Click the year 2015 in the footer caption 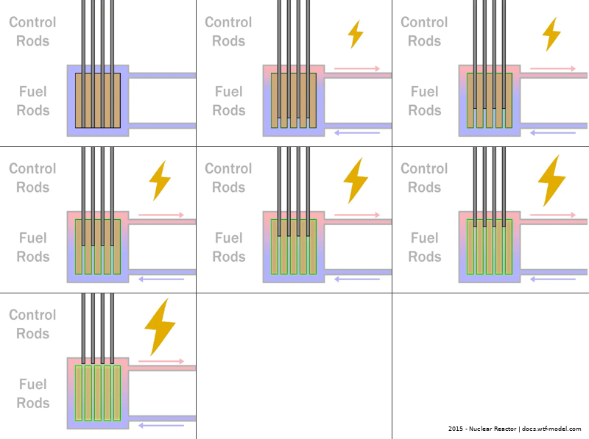[x=455, y=429]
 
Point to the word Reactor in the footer [x=508, y=429]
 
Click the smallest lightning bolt [x=355, y=34]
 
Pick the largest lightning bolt [x=159, y=326]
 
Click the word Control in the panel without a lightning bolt [x=32, y=22]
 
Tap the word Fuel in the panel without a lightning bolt [x=32, y=92]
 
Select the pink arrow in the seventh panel [x=161, y=362]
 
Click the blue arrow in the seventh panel [x=161, y=425]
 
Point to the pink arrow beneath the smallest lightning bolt [x=357, y=69]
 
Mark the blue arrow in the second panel [x=357, y=133]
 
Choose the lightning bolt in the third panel [x=551, y=34]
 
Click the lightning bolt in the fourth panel [x=159, y=180]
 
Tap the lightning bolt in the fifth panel [x=356, y=180]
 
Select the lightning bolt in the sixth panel [x=551, y=180]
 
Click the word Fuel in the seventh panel [x=32, y=384]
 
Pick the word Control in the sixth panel [x=424, y=168]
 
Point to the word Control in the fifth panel [x=228, y=168]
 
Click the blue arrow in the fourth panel [x=161, y=279]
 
